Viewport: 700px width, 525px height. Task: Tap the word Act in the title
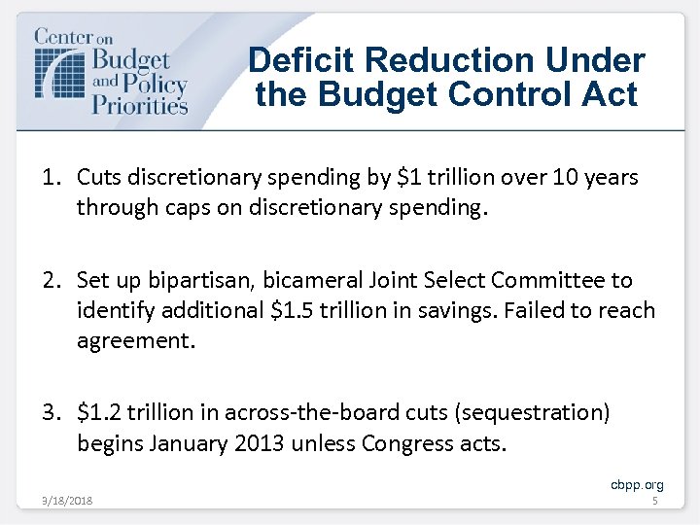tap(606, 94)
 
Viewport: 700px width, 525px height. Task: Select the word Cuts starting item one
tap(99, 177)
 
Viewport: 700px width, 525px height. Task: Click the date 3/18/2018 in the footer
tap(67, 501)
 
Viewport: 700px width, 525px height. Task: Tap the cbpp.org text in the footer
tap(637, 484)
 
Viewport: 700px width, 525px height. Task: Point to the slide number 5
tap(654, 501)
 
